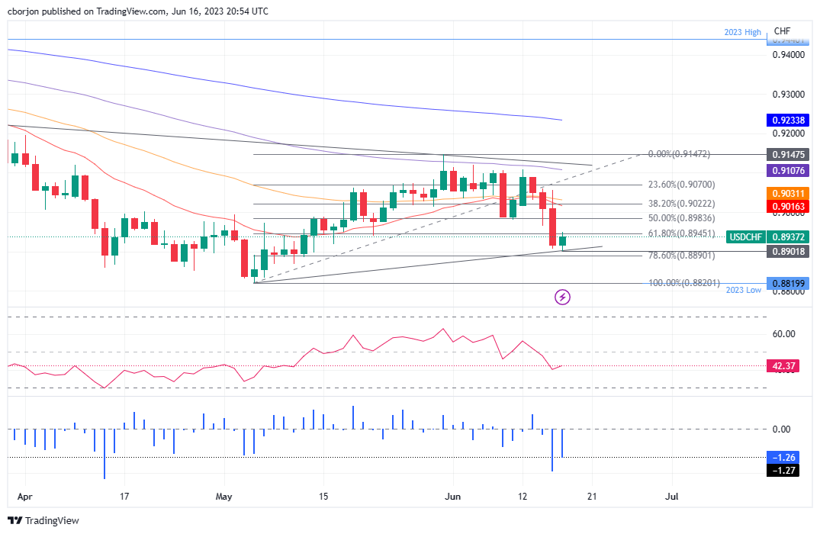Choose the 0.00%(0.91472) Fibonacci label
point(679,154)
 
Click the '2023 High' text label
point(742,32)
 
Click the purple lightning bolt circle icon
point(563,297)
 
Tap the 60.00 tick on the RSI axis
point(783,334)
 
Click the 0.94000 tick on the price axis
point(789,55)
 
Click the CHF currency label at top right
point(782,31)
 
